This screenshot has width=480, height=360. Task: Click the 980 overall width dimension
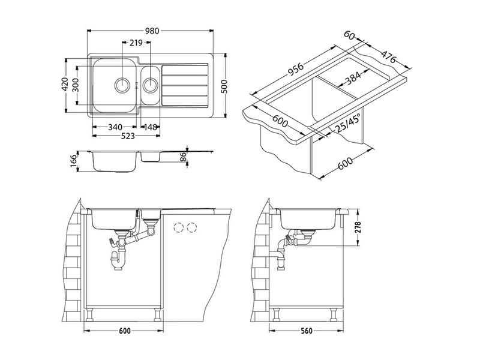click(x=152, y=31)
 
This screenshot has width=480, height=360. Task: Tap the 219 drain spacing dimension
click(x=136, y=43)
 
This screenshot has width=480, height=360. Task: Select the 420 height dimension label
click(x=65, y=85)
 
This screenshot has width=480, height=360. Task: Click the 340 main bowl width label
click(x=115, y=127)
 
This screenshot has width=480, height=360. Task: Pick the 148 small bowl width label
click(x=151, y=127)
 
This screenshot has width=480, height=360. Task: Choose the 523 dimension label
click(x=128, y=136)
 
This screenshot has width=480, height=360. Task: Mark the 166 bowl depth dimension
click(x=73, y=161)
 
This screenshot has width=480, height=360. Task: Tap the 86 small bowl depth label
click(x=184, y=157)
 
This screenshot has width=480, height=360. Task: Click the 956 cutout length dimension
click(x=295, y=70)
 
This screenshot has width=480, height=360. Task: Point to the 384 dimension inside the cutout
click(x=353, y=78)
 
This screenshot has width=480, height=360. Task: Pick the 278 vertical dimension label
click(x=358, y=227)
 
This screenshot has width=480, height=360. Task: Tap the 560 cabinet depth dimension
click(x=307, y=331)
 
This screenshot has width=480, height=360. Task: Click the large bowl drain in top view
click(x=122, y=85)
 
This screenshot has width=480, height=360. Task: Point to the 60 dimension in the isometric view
click(x=349, y=35)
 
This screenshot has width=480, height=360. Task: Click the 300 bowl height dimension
click(x=76, y=85)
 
